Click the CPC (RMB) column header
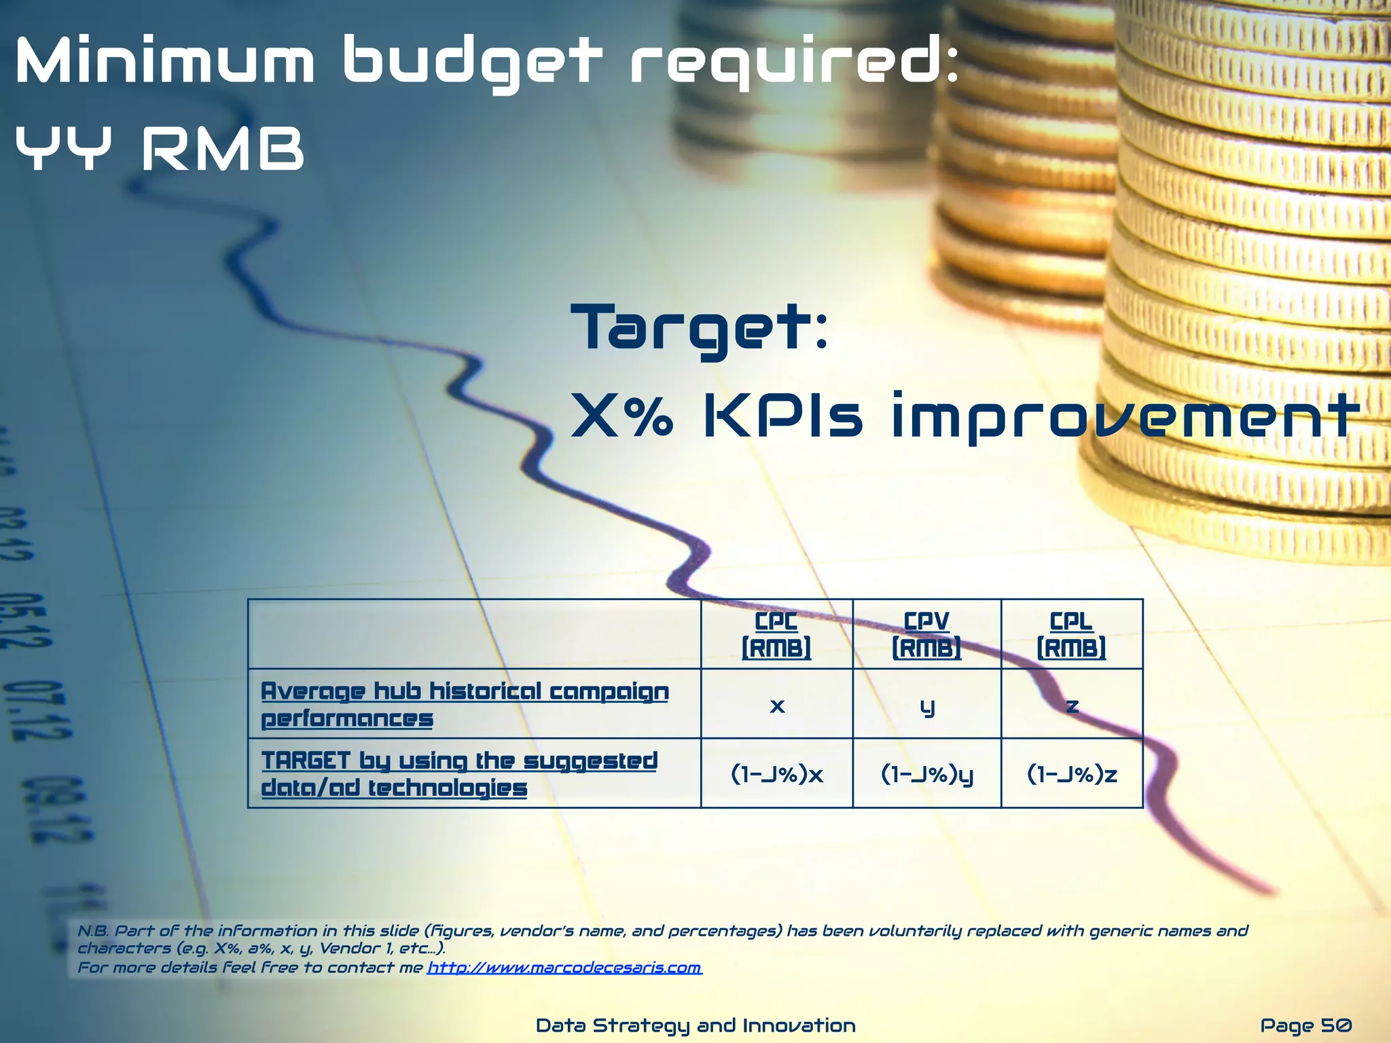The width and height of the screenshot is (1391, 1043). pyautogui.click(x=776, y=634)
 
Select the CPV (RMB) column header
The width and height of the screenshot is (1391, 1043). pyautogui.click(x=926, y=634)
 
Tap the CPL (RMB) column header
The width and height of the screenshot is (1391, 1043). pyautogui.click(x=1071, y=634)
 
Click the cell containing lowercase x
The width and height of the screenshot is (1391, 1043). pyautogui.click(x=777, y=706)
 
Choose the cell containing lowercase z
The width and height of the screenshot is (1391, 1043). pyautogui.click(x=1072, y=706)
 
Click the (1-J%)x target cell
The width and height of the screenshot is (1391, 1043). pyautogui.click(x=777, y=774)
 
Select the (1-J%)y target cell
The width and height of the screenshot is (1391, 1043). pyautogui.click(x=927, y=774)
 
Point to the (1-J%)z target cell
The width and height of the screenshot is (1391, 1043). pyautogui.click(x=1072, y=774)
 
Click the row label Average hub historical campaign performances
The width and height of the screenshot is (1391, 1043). pyautogui.click(x=465, y=704)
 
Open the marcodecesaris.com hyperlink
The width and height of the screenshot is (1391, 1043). pyautogui.click(x=564, y=967)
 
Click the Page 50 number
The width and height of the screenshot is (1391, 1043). pyautogui.click(x=1305, y=1025)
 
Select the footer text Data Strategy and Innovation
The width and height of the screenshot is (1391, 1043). pyautogui.click(x=695, y=1025)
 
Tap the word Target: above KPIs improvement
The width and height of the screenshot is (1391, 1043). pyautogui.click(x=700, y=329)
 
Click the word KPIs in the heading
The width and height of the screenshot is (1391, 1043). pyautogui.click(x=782, y=415)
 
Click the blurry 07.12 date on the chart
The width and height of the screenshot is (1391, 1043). pyautogui.click(x=37, y=710)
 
